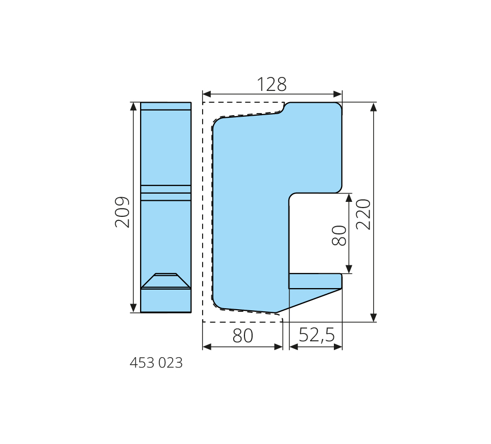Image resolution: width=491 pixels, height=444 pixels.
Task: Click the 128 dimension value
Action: [271, 84]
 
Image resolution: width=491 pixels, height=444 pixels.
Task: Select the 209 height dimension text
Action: [122, 212]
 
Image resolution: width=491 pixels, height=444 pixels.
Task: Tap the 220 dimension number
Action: [363, 214]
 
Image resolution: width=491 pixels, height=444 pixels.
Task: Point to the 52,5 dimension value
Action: [317, 335]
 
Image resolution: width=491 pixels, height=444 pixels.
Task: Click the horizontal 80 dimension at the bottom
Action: [243, 336]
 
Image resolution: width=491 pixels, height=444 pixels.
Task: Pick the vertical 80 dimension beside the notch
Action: [339, 235]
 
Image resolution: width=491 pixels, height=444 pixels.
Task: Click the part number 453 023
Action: [156, 363]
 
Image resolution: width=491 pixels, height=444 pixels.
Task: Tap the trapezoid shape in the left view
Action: [166, 281]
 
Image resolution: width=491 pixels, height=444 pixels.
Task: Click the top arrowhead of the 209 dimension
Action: [133, 106]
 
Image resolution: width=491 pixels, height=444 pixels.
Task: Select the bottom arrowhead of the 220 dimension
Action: [373, 318]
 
